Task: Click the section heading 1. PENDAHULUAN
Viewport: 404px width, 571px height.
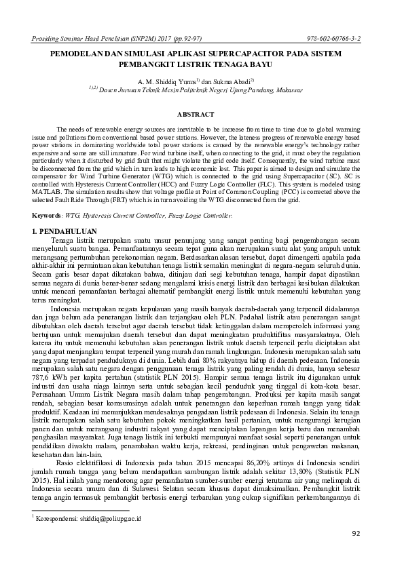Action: [x=65, y=232]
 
